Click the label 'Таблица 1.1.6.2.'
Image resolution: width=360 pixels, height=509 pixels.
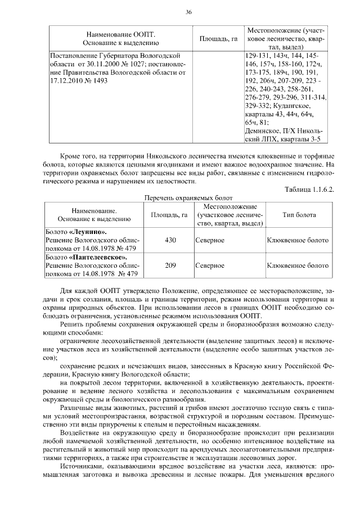309,189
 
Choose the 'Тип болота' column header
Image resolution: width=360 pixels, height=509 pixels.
299,215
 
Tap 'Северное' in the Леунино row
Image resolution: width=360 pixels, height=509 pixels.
210,240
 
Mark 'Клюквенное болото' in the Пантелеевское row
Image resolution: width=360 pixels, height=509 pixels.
298,265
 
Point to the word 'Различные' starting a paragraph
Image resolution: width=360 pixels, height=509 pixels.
78,406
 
